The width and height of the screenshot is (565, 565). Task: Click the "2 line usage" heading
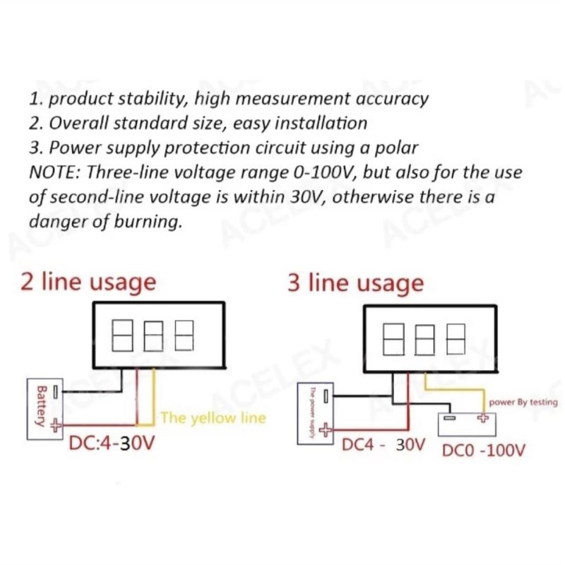click(x=88, y=282)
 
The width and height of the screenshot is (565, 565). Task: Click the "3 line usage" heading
click(x=355, y=283)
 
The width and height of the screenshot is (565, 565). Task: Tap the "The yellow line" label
click(x=213, y=417)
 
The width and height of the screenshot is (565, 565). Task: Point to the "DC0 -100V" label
click(x=483, y=449)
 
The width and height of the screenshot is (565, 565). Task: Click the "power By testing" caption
click(x=523, y=402)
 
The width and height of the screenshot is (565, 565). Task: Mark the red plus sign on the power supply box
click(x=325, y=429)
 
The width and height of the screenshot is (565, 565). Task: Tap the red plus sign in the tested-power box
click(x=483, y=417)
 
